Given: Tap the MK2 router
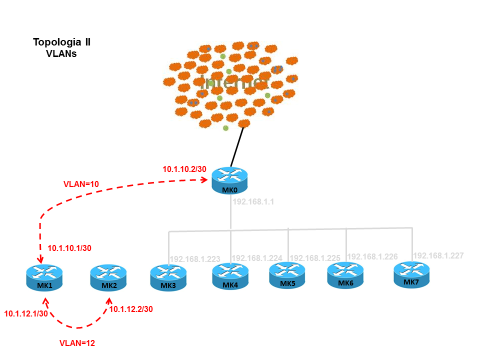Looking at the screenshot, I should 108,278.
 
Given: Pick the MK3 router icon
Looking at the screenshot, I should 168,278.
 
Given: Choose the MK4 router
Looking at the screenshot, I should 230,276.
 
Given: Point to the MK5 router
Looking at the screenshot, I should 287,275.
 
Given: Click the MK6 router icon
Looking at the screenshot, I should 345,275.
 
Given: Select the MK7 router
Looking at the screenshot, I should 411,274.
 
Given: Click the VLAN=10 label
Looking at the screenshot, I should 81,184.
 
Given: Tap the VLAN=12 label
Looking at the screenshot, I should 77,343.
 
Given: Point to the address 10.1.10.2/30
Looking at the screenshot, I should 184,169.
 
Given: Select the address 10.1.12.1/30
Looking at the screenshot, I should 26,313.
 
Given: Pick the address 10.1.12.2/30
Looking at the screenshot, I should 131,309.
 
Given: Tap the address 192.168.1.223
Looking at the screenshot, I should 195,259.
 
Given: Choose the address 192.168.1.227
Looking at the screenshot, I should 438,255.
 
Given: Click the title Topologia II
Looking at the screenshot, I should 61,41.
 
